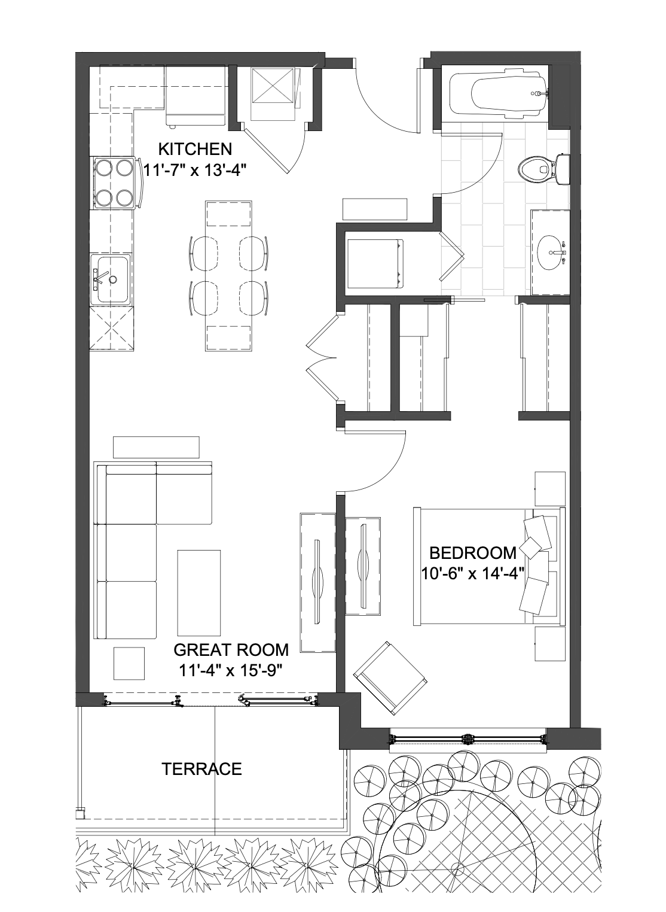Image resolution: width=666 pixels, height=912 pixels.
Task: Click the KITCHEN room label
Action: [x=195, y=149]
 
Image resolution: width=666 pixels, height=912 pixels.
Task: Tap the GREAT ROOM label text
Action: [x=231, y=650]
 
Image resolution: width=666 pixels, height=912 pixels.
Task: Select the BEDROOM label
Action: [x=473, y=553]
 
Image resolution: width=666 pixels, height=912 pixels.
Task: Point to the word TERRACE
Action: [x=202, y=769]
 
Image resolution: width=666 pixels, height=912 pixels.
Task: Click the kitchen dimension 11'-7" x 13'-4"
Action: [x=196, y=169]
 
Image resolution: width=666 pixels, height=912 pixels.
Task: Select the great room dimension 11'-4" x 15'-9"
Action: [x=231, y=670]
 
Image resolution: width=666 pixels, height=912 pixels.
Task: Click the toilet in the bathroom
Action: [x=544, y=169]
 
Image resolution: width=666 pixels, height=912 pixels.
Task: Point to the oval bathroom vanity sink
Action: [x=552, y=253]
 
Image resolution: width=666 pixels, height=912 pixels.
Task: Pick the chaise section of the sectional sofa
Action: [x=184, y=493]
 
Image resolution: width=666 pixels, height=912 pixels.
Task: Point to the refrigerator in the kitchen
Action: [x=195, y=96]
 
